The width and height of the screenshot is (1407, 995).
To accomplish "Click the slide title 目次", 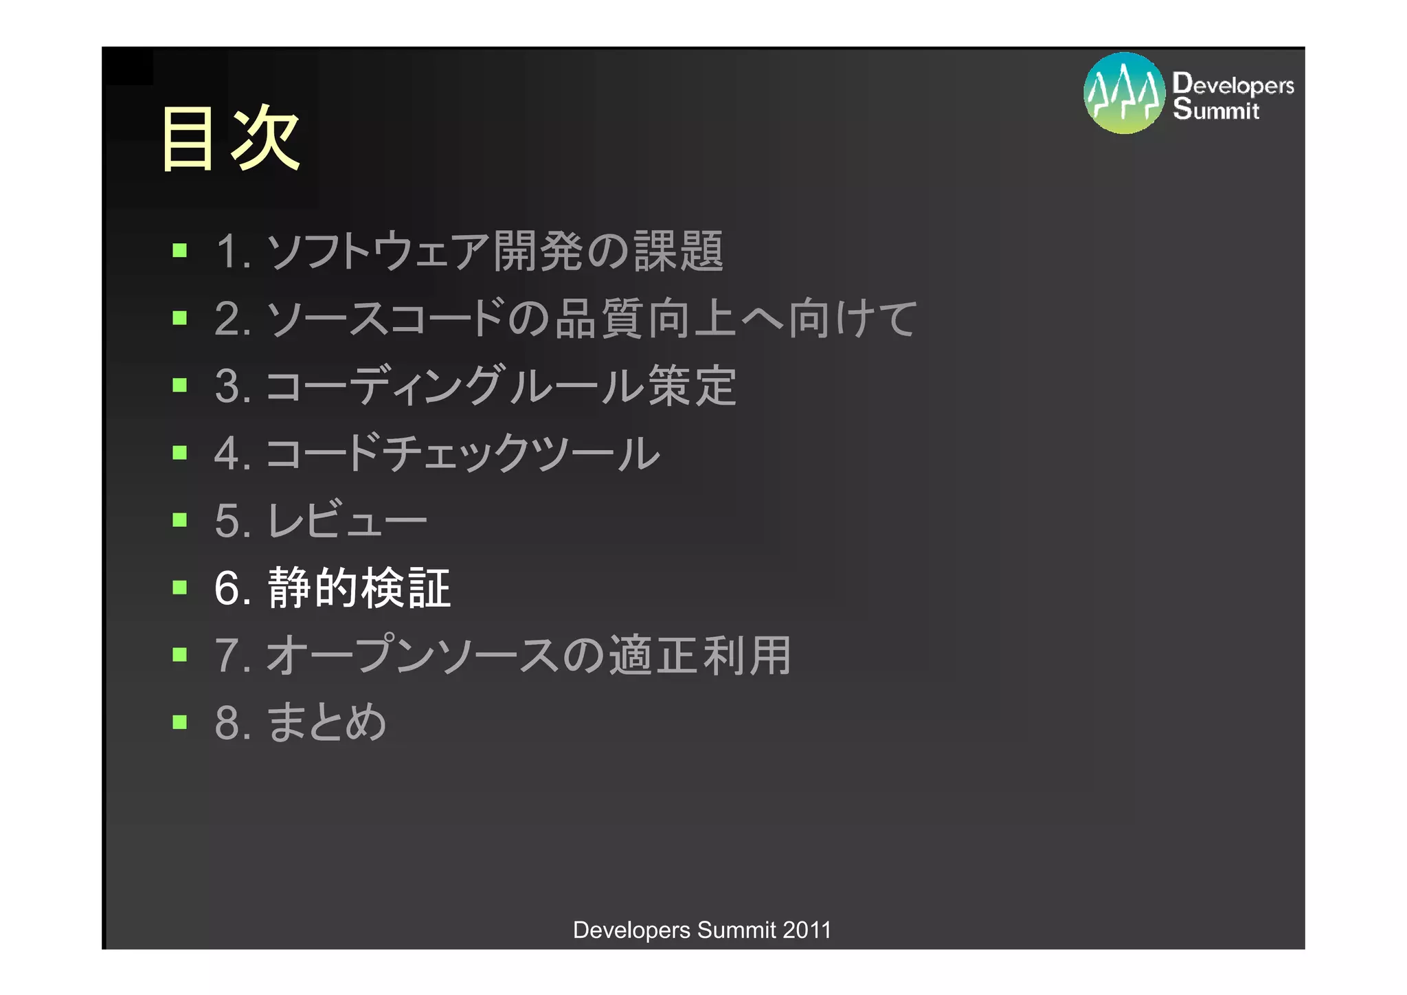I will coord(230,138).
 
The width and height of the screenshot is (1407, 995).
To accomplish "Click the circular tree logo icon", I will coord(1124,93).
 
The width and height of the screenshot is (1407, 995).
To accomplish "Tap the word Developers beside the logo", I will coord(1233,85).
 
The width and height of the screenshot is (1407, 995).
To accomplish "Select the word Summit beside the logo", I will coord(1216,110).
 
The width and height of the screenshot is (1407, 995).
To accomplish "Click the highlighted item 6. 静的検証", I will coord(333,588).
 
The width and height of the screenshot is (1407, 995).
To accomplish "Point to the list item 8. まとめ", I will coord(301,723).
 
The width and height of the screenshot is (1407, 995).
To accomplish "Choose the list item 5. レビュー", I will coord(321,520).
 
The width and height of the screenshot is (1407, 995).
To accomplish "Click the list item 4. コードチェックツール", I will coord(437,453).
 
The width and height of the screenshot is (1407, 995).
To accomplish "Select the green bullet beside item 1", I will coord(180,250).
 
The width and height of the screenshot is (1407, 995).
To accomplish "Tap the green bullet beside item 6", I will coord(180,588).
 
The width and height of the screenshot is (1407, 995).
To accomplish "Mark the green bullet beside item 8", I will coord(180,722).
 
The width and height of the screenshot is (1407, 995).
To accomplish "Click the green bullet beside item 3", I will coord(180,385).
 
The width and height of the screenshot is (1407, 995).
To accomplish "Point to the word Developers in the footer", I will coord(631,930).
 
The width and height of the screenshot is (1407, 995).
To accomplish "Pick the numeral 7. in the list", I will coord(232,656).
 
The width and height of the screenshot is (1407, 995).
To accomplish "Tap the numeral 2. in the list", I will coord(232,319).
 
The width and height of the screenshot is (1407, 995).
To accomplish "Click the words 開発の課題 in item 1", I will coord(608,251).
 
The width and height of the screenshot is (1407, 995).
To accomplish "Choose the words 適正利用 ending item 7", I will coord(700,655).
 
